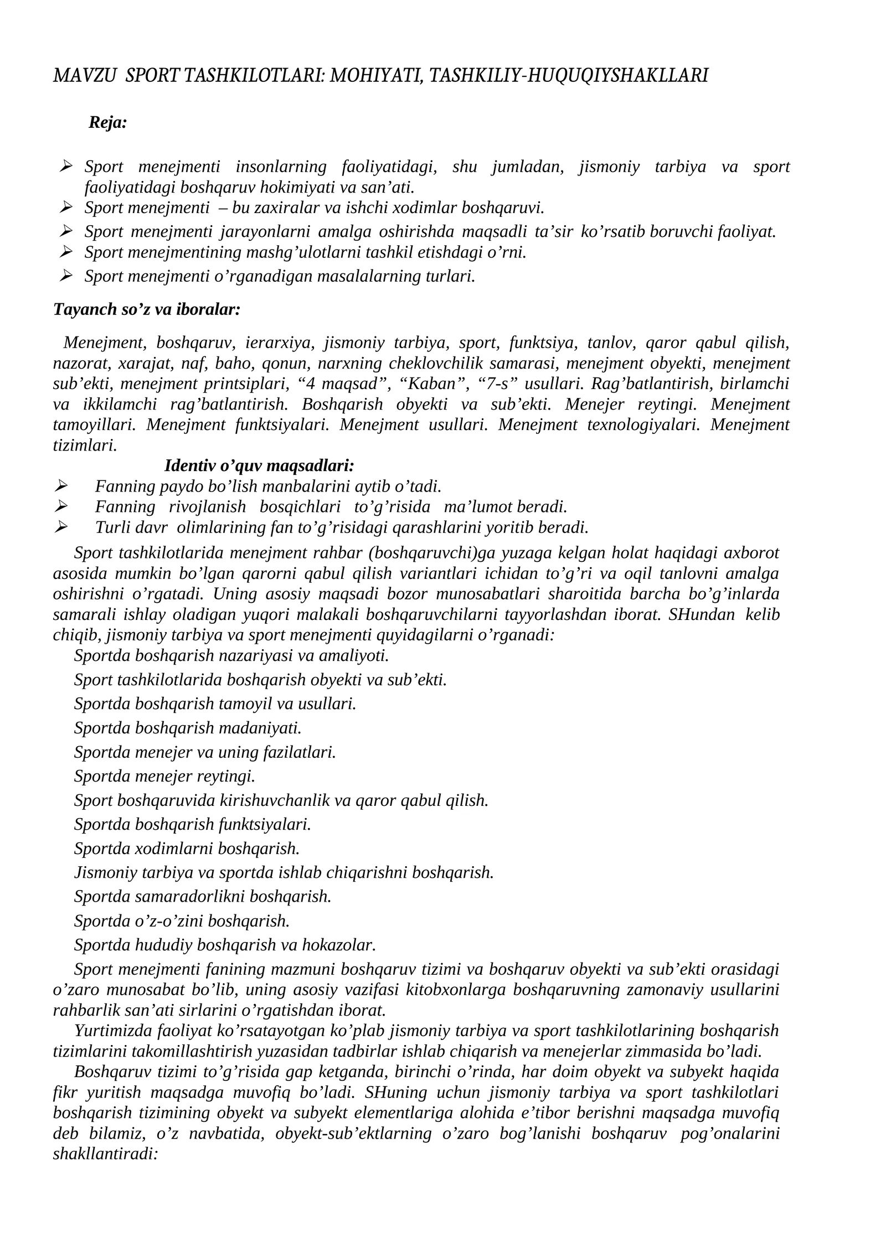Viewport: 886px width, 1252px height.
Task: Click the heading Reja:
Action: [108, 123]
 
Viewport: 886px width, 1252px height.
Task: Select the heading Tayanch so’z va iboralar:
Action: [147, 309]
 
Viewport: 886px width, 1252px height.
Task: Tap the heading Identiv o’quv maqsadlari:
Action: [259, 465]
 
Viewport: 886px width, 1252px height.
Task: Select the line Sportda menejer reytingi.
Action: [164, 776]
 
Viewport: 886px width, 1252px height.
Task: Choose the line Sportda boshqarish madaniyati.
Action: [188, 728]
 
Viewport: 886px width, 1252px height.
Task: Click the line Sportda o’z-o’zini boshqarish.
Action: [182, 920]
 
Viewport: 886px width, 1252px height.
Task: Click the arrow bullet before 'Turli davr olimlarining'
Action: [60, 526]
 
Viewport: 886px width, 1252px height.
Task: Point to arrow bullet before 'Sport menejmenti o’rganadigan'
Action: [66, 275]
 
